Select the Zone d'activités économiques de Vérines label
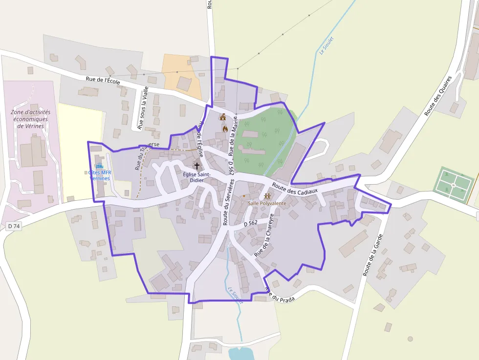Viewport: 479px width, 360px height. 30,119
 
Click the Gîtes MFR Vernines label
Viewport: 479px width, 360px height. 99,175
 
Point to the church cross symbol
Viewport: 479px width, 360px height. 197,166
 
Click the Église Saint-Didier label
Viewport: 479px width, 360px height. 196,177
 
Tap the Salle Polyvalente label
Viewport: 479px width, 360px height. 267,203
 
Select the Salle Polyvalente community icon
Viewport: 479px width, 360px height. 267,196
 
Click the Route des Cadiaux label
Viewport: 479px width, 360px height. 295,189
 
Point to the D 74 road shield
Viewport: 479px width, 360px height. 14,226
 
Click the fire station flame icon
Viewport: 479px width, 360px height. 225,128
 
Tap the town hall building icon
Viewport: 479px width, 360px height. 223,117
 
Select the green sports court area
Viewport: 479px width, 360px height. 454,184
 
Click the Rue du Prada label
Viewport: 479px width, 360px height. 281,296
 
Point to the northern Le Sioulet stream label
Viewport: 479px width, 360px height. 326,46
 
